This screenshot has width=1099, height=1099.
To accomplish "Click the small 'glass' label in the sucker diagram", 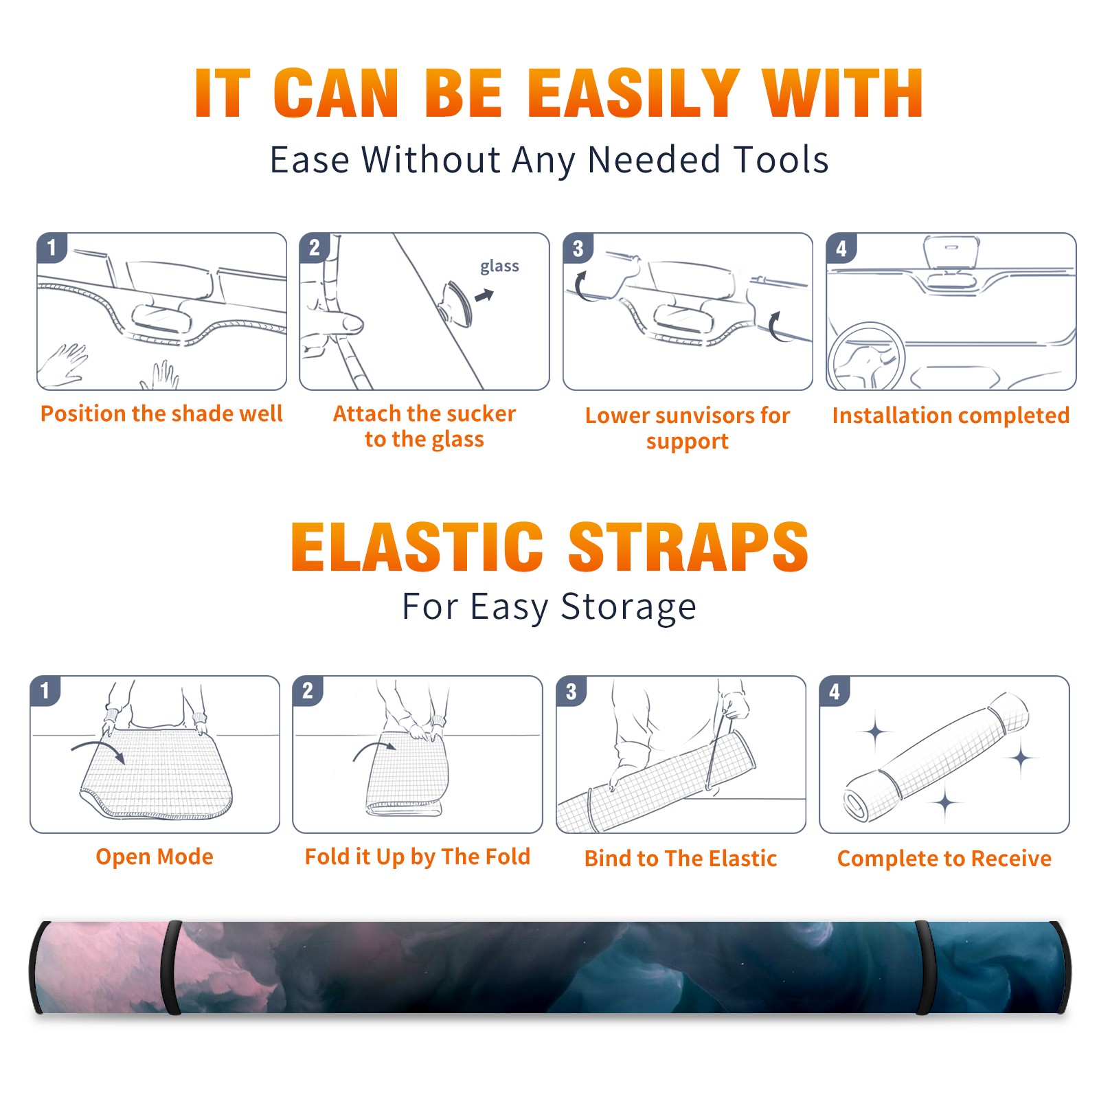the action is [x=499, y=267].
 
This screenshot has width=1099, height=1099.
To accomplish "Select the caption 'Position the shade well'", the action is [x=161, y=413].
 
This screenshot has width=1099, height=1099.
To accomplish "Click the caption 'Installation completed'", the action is [x=951, y=415].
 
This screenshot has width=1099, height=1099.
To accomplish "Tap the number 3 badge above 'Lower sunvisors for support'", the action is [x=578, y=249].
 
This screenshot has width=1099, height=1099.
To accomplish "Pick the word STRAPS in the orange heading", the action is [x=688, y=547].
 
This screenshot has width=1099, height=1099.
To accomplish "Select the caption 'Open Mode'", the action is [x=155, y=857].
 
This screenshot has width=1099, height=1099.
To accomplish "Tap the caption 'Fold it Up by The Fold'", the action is [x=418, y=857].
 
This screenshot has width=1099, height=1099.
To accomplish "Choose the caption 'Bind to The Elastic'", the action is [x=681, y=859].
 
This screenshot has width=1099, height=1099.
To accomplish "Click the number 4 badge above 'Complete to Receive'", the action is [x=835, y=692].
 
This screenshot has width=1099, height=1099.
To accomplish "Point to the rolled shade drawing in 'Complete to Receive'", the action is [x=936, y=757].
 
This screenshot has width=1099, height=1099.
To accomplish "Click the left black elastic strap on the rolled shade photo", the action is [x=172, y=967].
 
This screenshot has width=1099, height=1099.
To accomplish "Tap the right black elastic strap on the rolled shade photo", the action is [x=924, y=967].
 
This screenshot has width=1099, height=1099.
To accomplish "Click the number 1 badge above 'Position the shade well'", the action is [x=52, y=247].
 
